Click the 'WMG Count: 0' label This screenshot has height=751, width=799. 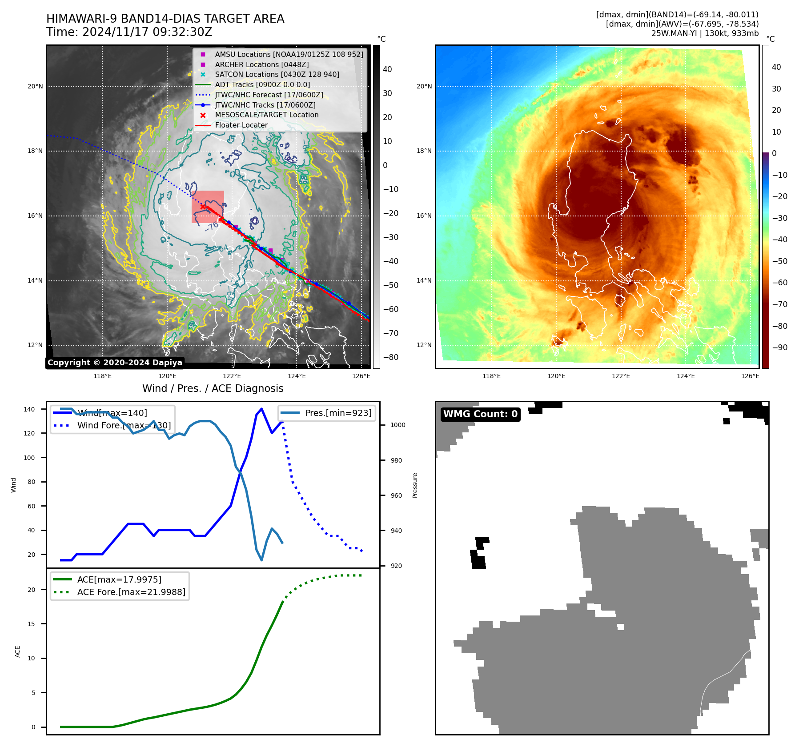(480, 414)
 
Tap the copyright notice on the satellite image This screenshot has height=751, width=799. (115, 363)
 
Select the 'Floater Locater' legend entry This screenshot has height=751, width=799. (241, 125)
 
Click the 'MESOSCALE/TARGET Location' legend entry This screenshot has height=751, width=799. (266, 115)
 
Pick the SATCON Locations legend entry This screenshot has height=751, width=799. (277, 75)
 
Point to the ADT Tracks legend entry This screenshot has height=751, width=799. (262, 85)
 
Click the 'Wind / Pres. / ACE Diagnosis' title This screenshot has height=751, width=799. (213, 388)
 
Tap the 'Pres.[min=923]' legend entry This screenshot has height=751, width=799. (338, 413)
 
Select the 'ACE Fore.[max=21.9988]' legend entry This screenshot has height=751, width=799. (131, 592)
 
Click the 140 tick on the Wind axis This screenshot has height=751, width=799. (29, 409)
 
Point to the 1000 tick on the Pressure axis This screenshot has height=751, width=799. (397, 425)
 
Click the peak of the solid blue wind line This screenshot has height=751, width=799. (261, 409)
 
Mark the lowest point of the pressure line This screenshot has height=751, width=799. (261, 560)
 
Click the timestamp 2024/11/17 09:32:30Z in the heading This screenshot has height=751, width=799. (147, 32)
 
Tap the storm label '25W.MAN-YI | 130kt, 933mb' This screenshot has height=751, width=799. (705, 33)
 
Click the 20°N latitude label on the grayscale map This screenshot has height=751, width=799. (35, 87)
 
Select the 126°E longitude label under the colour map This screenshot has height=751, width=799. (750, 376)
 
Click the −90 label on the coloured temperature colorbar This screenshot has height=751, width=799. (779, 348)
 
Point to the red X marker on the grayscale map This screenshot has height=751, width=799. (203, 207)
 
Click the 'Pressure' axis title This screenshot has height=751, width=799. (415, 485)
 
